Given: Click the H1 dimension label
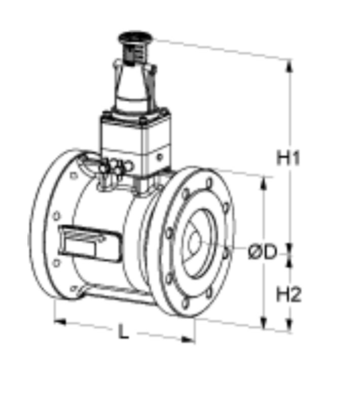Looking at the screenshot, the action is click(x=288, y=158).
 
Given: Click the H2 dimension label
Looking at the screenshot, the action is click(x=289, y=295).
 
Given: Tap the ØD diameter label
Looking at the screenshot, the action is click(x=262, y=252).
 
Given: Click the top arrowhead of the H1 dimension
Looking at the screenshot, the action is click(x=290, y=66).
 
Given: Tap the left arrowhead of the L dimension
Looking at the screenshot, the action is click(x=60, y=322).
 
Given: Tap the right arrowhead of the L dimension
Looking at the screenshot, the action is click(x=188, y=340).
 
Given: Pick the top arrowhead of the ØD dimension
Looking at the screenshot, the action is click(x=263, y=184).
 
